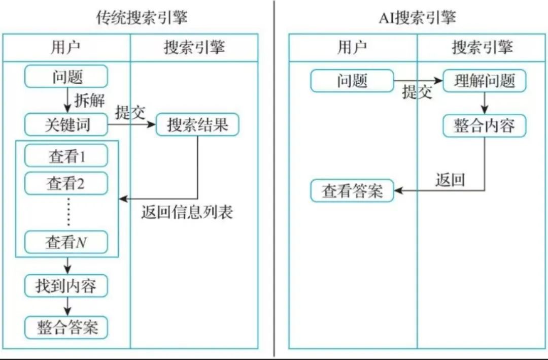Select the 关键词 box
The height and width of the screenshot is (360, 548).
tap(66, 124)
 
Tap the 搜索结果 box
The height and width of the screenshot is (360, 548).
tap(197, 124)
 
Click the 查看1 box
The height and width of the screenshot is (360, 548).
tap(66, 156)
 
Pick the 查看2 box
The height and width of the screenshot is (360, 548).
tap(66, 183)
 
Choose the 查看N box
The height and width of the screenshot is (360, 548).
tap(66, 242)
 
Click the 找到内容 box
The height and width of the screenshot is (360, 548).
tap(66, 286)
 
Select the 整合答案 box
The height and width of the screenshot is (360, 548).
tap(66, 327)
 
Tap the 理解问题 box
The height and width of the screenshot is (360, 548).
tap(484, 81)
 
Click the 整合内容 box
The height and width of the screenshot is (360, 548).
tap(484, 125)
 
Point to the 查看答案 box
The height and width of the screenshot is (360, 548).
tap(352, 191)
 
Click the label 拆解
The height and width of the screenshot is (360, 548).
tap(89, 101)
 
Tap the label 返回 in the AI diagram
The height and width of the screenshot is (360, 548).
tap(450, 179)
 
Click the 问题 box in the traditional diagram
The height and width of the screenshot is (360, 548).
tap(66, 77)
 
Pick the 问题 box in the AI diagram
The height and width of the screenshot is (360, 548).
tap(352, 81)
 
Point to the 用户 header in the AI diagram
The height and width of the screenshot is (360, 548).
tap(352, 48)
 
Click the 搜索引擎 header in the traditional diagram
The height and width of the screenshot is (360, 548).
tap(194, 48)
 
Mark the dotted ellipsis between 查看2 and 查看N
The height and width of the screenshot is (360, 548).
tap(68, 213)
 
